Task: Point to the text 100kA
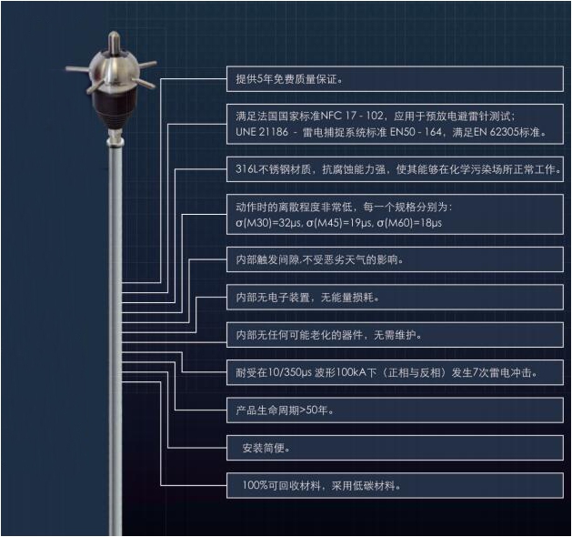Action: [x=379, y=372]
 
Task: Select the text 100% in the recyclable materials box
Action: [x=256, y=485]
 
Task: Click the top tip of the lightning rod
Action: [x=112, y=36]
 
